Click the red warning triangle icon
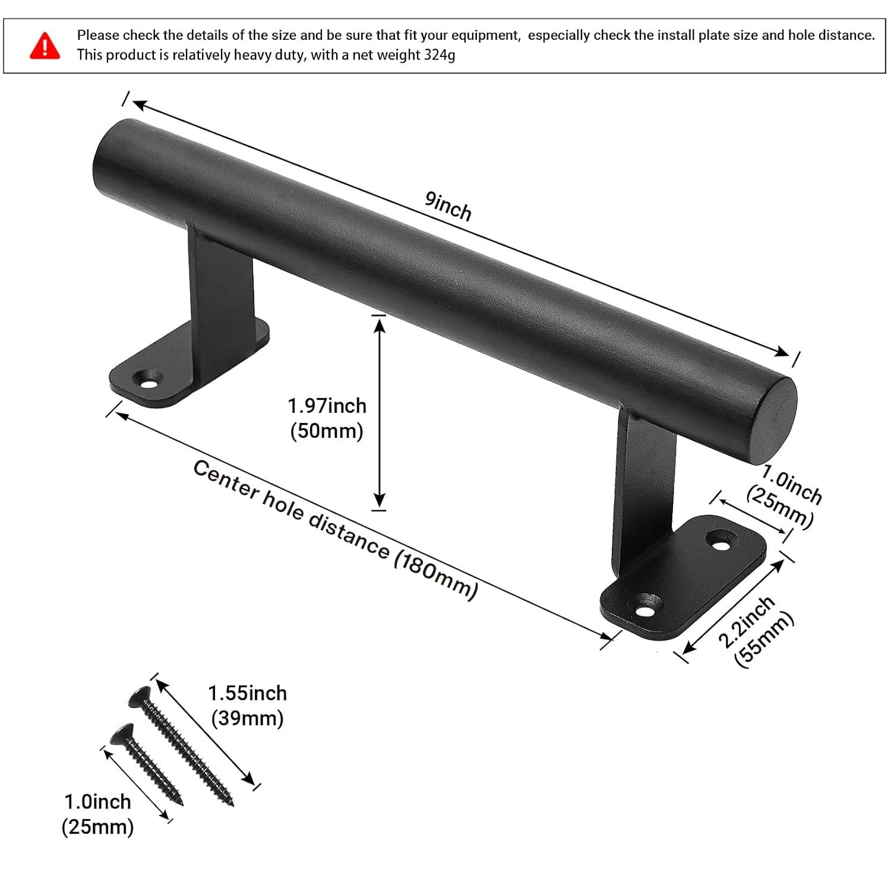tap(45, 46)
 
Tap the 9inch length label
tap(448, 206)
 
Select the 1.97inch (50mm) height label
tap(327, 418)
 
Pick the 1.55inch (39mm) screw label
tap(247, 706)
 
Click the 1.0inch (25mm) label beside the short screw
tap(97, 814)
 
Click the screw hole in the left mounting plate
tap(147, 378)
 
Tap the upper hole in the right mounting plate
tap(722, 542)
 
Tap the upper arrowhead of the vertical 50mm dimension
tap(379, 324)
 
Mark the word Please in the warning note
tap(98, 35)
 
